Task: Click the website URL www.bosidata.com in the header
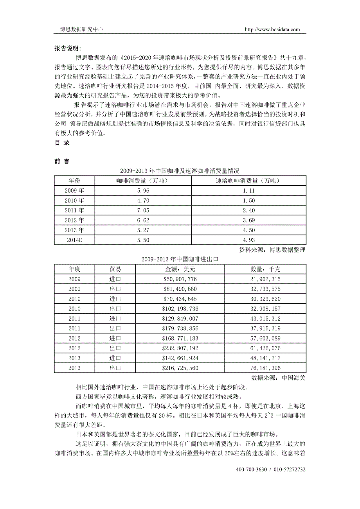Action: [x=272, y=29]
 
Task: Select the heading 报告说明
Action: [x=67, y=48]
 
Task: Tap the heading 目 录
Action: [x=62, y=143]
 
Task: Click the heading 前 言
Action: [x=62, y=161]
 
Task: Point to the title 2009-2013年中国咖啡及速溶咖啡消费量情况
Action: [x=180, y=171]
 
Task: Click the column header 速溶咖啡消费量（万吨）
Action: [x=248, y=181]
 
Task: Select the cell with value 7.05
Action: [x=143, y=210]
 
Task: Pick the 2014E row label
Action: [x=74, y=240]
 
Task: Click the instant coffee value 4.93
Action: [x=248, y=240]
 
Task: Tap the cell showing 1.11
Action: [x=248, y=191]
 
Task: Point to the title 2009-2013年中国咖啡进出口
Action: [x=180, y=259]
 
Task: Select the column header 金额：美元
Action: [x=180, y=269]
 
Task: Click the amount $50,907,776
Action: [x=180, y=279]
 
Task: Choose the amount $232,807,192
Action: [x=180, y=348]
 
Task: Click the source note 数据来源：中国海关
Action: [x=278, y=378]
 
